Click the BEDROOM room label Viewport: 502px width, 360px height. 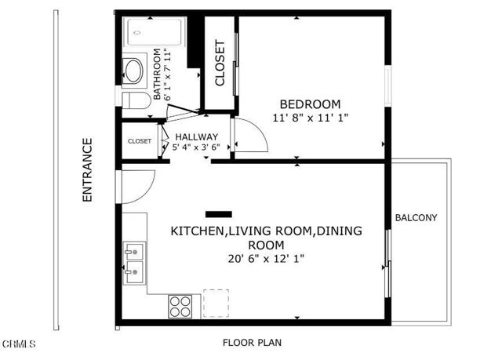pyautogui.click(x=311, y=104)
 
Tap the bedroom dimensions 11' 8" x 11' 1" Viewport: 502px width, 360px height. pyautogui.click(x=310, y=118)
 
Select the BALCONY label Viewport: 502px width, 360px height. pyautogui.click(x=416, y=217)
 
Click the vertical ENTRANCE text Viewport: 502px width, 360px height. pyautogui.click(x=88, y=170)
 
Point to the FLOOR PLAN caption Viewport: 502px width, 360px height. pyautogui.click(x=252, y=343)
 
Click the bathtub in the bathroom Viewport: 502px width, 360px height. pyautogui.click(x=155, y=33)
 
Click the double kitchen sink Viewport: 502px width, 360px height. pyautogui.click(x=133, y=264)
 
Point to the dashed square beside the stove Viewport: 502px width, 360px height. pyautogui.click(x=216, y=303)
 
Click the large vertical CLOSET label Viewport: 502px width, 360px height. pyautogui.click(x=220, y=63)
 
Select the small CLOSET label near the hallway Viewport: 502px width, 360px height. pyautogui.click(x=139, y=141)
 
